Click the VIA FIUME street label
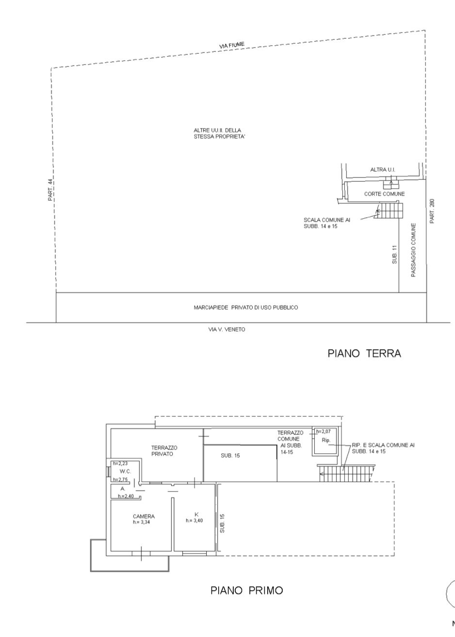click(x=232, y=45)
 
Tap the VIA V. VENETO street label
click(x=227, y=329)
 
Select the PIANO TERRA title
click(x=364, y=353)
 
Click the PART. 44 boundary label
click(x=50, y=190)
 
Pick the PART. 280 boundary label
click(x=432, y=211)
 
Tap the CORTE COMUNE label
click(x=385, y=194)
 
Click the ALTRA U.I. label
click(x=383, y=170)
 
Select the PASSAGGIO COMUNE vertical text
click(x=413, y=250)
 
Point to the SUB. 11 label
click(x=394, y=254)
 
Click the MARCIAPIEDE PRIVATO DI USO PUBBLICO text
click(x=246, y=307)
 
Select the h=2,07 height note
click(x=323, y=431)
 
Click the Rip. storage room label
click(x=326, y=440)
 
